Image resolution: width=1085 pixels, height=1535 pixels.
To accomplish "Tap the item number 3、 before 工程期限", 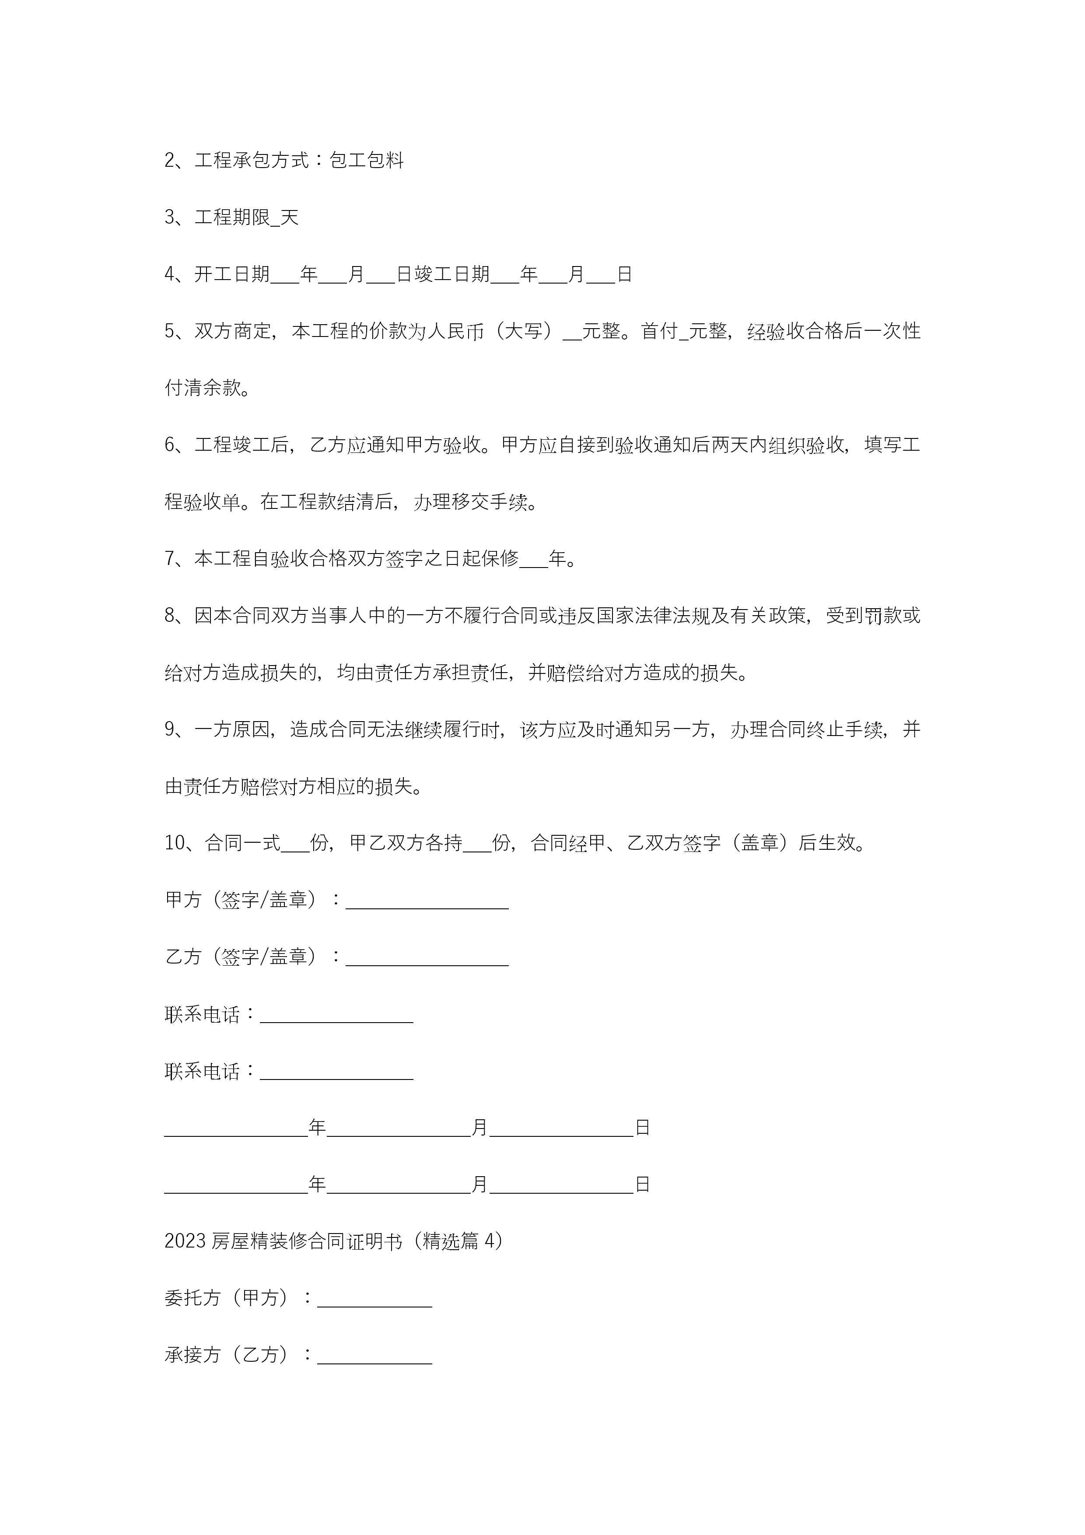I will (x=175, y=217).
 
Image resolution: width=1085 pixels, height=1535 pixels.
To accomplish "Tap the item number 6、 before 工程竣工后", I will (x=175, y=445).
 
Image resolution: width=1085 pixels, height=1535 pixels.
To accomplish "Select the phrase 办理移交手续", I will (x=470, y=501).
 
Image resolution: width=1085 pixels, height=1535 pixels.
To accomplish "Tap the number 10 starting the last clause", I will (x=175, y=843).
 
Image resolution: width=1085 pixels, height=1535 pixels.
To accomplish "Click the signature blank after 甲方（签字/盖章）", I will (x=427, y=901).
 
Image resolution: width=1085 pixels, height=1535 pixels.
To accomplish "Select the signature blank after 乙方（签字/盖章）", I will (x=427, y=958).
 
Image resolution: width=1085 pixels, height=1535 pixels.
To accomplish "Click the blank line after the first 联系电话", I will (x=336, y=1015).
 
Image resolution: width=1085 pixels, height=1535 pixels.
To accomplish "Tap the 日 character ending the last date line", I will (x=642, y=1185).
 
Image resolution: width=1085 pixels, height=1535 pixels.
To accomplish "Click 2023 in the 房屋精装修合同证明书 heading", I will (x=185, y=1241).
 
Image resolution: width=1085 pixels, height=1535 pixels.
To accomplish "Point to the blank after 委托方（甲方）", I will (x=374, y=1299).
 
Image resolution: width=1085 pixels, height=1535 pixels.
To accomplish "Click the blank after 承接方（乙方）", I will (x=374, y=1356).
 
